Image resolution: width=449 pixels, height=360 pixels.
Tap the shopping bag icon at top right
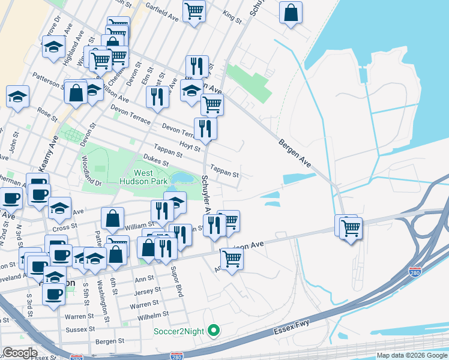coord(291,13)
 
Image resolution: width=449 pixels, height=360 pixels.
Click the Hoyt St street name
coord(189,145)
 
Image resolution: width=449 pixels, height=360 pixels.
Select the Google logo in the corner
coord(20,353)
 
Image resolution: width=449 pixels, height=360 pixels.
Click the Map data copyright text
coord(412,355)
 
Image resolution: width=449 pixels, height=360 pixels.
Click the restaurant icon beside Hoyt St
coord(205,128)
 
